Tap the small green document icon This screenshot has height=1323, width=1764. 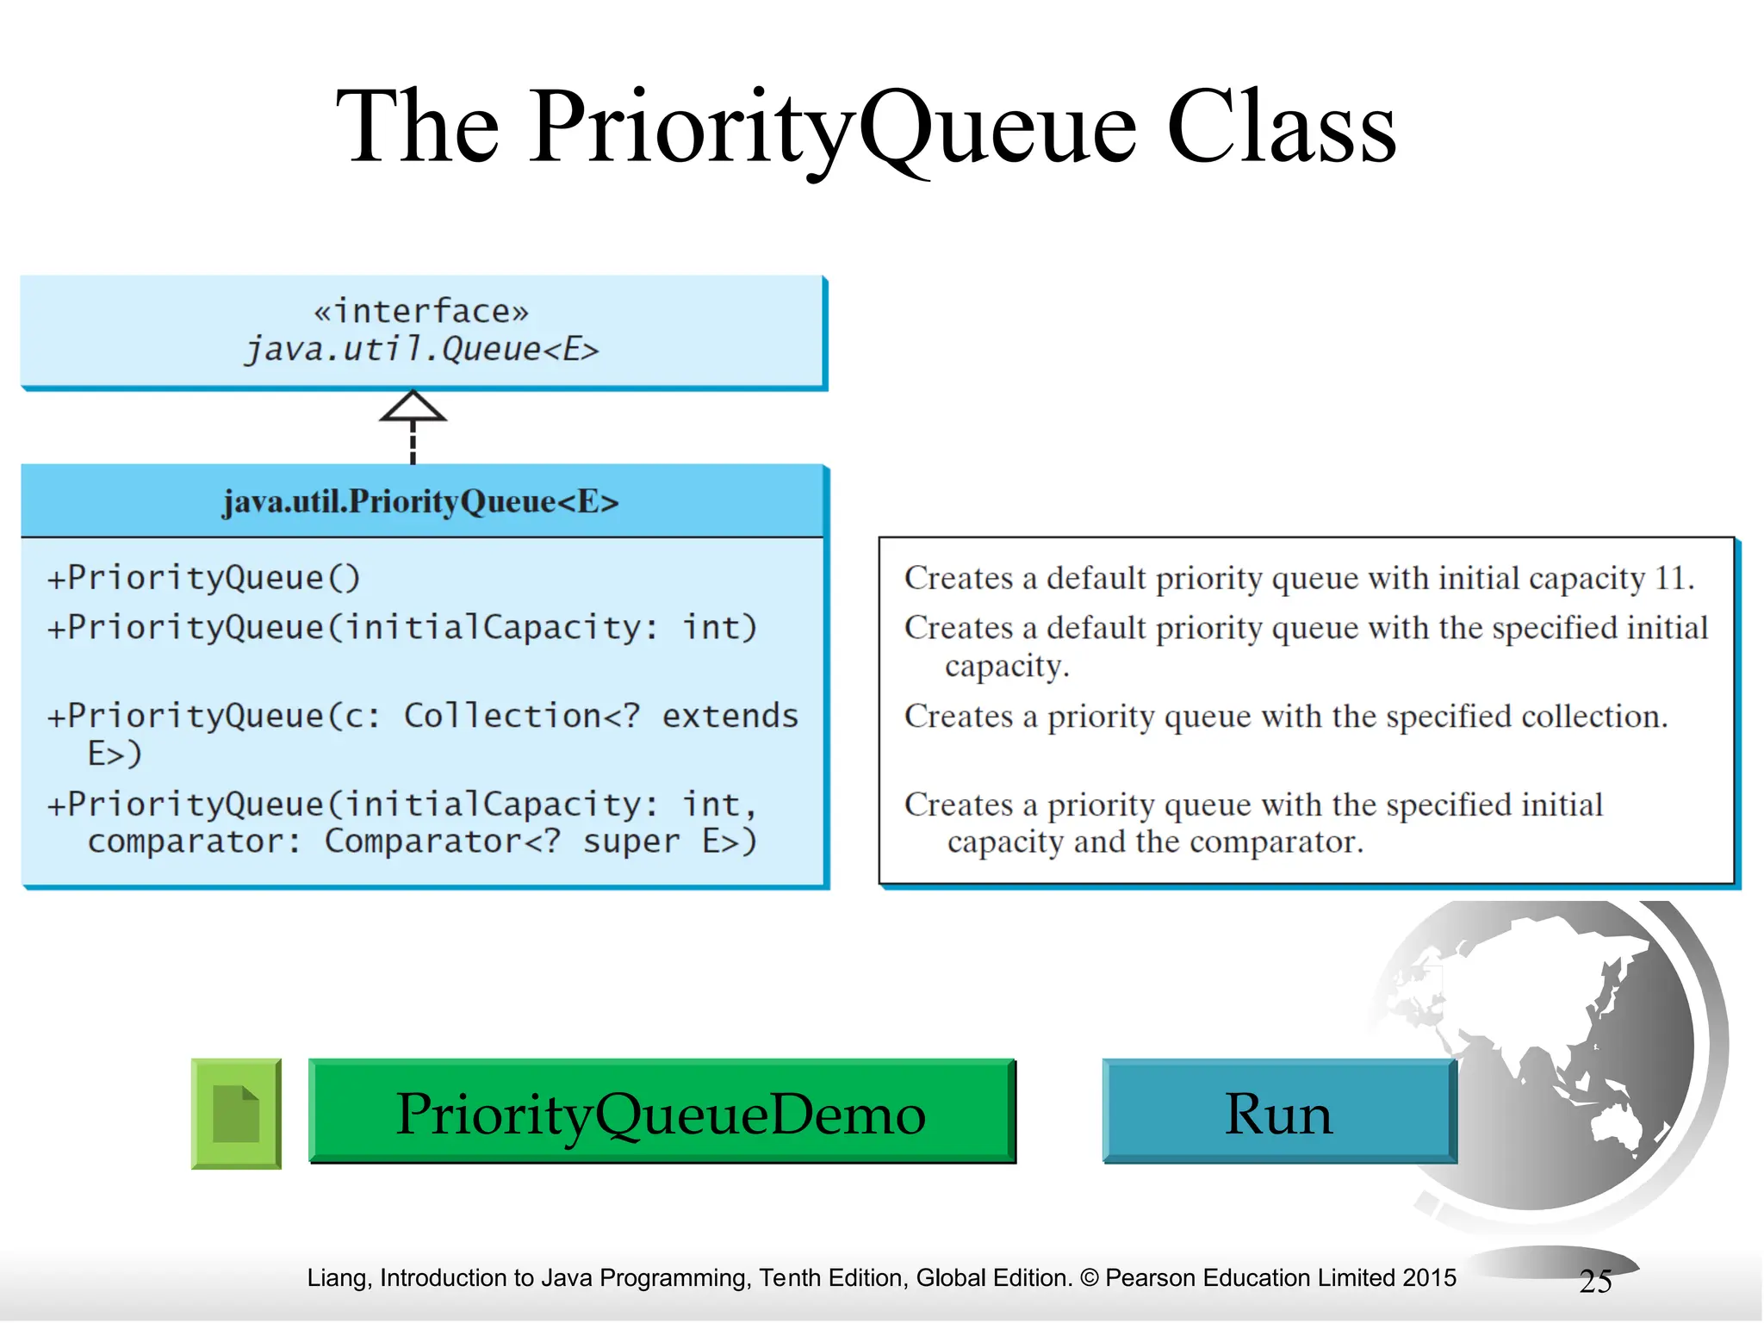[x=236, y=1114]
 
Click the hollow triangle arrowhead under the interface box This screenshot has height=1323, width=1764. [x=413, y=407]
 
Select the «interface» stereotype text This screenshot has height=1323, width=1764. [x=421, y=311]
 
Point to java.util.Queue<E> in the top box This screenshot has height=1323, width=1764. [x=421, y=350]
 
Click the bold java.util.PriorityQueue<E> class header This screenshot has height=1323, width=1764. [x=420, y=501]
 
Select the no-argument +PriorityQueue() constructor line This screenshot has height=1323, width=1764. [x=203, y=578]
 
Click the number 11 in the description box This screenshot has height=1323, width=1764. [x=1671, y=578]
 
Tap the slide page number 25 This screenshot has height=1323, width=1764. [x=1595, y=1282]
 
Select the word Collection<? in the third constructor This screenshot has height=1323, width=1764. [x=522, y=717]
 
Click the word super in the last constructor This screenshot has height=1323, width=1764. [x=631, y=842]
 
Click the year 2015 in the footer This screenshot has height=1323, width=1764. [x=1429, y=1278]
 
